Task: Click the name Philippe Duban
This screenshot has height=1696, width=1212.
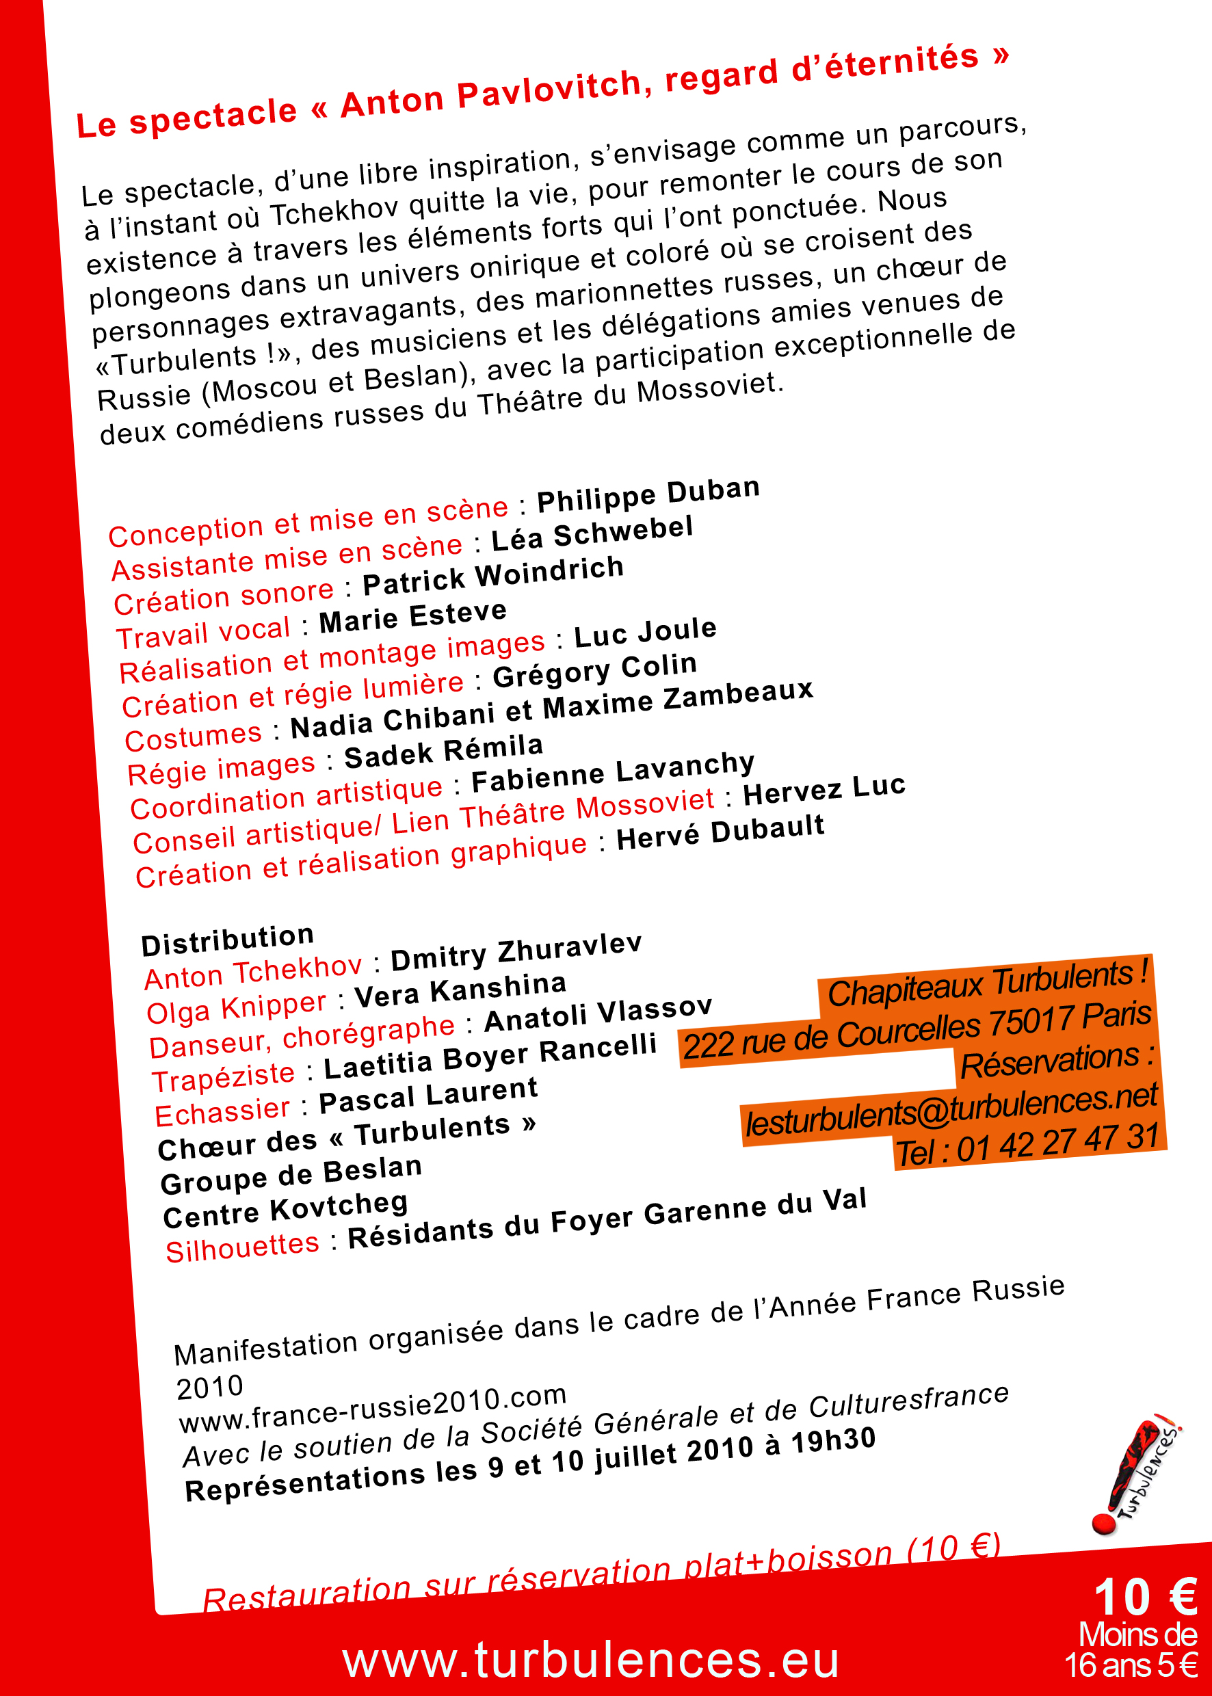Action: [648, 494]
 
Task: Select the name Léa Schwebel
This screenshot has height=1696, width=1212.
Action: [592, 534]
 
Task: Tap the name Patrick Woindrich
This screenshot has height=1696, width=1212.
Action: [492, 575]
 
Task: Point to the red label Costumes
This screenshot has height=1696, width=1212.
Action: [194, 737]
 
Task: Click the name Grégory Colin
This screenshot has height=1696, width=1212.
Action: [595, 670]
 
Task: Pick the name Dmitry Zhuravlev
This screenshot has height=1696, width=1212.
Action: [516, 951]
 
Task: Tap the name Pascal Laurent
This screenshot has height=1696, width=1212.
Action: [427, 1096]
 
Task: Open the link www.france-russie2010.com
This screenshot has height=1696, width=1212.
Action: [373, 1408]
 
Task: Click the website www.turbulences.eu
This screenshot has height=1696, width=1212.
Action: [591, 1660]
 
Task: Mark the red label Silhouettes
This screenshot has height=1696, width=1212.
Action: [243, 1247]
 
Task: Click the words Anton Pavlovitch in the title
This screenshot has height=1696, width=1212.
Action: [490, 93]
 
